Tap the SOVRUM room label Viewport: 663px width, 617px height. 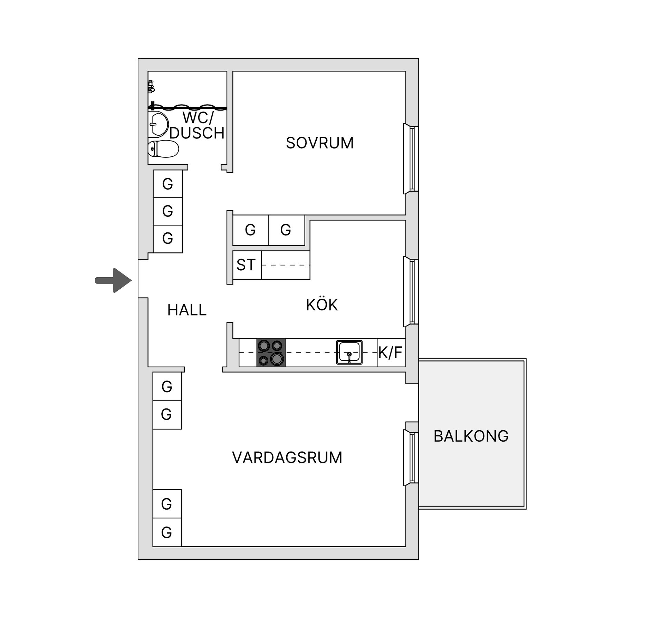pyautogui.click(x=320, y=143)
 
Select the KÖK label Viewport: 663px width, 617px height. pyautogui.click(x=321, y=305)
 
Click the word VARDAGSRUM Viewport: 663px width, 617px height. pyautogui.click(x=287, y=457)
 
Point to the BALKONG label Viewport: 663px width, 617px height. pyautogui.click(x=471, y=436)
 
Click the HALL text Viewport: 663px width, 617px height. pyautogui.click(x=187, y=310)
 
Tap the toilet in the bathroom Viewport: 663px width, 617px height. pyautogui.click(x=163, y=149)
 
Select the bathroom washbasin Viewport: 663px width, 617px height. pyautogui.click(x=158, y=124)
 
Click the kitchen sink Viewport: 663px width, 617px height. pyautogui.click(x=349, y=353)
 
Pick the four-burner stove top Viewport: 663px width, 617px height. pyautogui.click(x=271, y=353)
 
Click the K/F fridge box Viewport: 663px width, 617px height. pyautogui.click(x=391, y=353)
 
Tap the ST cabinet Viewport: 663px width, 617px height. pyautogui.click(x=247, y=265)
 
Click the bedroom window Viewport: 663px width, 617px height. pyautogui.click(x=411, y=159)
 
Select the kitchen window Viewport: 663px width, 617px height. pyautogui.click(x=411, y=291)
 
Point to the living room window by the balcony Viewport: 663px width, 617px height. pyautogui.click(x=411, y=458)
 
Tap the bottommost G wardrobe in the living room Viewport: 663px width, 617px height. pyautogui.click(x=167, y=533)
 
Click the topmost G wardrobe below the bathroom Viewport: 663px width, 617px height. pyautogui.click(x=168, y=184)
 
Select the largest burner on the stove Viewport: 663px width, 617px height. pyautogui.click(x=277, y=359)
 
